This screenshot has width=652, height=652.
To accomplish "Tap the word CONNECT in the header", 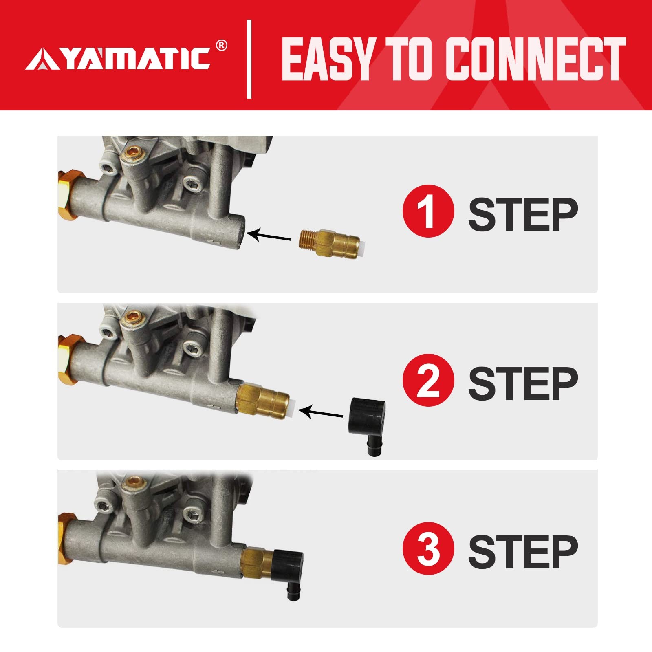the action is (536, 59).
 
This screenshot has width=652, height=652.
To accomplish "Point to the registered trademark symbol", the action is (221, 45).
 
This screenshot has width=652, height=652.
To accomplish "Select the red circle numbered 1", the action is (428, 211).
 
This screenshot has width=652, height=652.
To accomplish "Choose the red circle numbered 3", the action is (428, 548).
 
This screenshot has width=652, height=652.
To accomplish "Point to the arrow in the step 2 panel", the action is (320, 412).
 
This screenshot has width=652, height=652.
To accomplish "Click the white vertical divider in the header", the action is (249, 59).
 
